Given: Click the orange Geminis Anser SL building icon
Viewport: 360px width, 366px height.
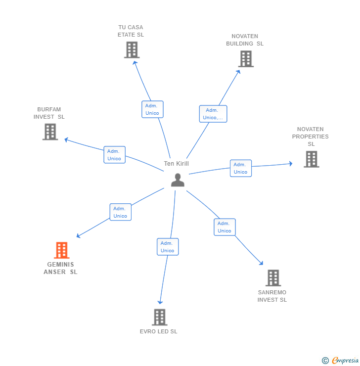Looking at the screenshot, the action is pos(61,250).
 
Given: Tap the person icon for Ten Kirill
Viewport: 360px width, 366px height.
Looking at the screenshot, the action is pos(178,180).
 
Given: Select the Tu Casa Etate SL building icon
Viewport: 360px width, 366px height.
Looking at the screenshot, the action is pos(132,50).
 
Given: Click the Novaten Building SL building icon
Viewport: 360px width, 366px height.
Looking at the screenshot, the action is pos(245,59).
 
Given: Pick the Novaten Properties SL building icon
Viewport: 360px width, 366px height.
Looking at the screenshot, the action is pos(311,159).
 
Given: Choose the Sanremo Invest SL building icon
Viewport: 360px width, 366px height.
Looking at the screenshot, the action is pos(273,278).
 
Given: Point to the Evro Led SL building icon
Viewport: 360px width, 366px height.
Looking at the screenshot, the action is pos(159,317).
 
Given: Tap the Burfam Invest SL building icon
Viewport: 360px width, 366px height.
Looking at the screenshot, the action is pos(50,132).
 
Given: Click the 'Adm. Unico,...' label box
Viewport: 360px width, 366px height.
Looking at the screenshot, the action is pos(213,114).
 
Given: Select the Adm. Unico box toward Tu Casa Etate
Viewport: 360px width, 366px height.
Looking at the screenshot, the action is pos(152,109).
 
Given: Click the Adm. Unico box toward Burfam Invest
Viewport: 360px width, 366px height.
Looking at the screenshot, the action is pos(114,155).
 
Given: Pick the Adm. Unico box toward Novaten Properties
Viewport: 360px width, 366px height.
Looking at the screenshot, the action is pos(240,168).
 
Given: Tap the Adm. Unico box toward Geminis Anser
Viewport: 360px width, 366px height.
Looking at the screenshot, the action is pos(120,212).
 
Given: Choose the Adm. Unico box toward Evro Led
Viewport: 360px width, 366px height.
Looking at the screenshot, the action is pos(168,247).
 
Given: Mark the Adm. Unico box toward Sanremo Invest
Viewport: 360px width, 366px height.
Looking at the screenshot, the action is pos(225,227).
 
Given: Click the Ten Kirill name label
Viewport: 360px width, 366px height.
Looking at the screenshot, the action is pos(177,164).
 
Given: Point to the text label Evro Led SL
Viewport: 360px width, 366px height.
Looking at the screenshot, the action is pos(158,331).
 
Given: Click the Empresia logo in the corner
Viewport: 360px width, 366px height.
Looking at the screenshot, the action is pos(340,361).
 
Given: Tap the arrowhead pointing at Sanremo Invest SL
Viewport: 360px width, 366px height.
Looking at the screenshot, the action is pos(261,263).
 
